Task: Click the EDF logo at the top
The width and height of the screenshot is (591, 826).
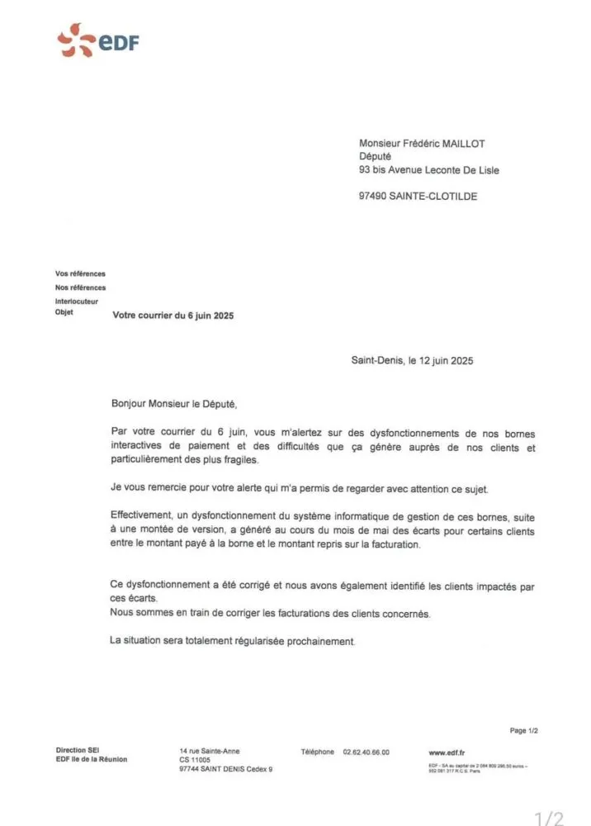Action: pyautogui.click(x=97, y=40)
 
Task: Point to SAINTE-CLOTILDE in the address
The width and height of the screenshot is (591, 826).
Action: pyautogui.click(x=438, y=197)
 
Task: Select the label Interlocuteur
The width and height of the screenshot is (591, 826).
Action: pyautogui.click(x=76, y=301)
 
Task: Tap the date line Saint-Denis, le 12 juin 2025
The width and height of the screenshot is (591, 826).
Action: pyautogui.click(x=412, y=361)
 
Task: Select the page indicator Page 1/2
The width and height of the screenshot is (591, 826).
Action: pyautogui.click(x=524, y=730)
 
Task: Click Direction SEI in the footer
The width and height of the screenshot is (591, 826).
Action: pyautogui.click(x=77, y=750)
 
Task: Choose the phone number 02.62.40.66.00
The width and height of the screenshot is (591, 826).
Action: pyautogui.click(x=366, y=752)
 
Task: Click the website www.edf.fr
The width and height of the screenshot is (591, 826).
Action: pyautogui.click(x=447, y=752)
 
